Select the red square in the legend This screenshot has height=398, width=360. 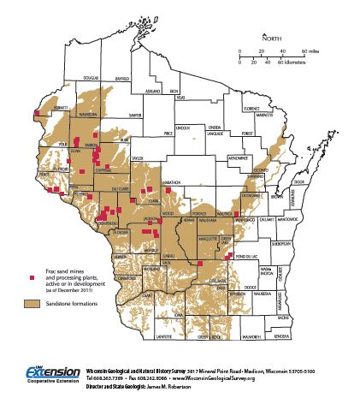[x=32, y=277]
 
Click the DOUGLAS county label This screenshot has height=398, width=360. [x=91, y=76]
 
